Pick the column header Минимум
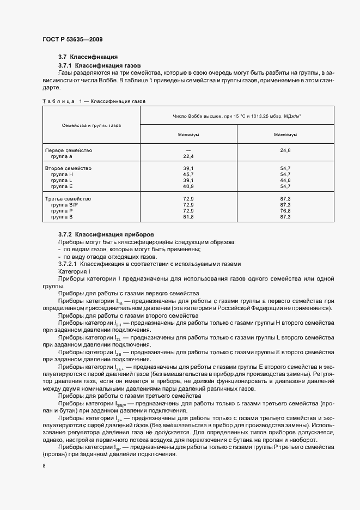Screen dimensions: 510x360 coord(188,133)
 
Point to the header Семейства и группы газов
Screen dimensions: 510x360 coord(91,125)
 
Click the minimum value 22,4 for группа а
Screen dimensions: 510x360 coord(188,156)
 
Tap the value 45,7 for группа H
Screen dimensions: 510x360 coord(188,174)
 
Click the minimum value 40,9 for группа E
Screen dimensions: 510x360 coord(188,186)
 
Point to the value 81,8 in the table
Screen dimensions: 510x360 coord(188,217)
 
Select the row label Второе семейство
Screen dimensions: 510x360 coord(68,168)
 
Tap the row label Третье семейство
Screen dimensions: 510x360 coord(68,199)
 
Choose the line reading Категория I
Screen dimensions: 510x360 coord(74,271)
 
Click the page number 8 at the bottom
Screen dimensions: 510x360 coord(44,466)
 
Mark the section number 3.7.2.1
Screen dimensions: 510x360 coord(69,264)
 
